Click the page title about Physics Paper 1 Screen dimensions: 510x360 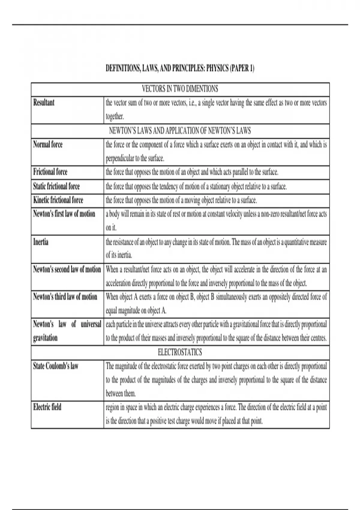coord(180,69)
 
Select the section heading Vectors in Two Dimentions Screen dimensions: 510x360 coord(180,89)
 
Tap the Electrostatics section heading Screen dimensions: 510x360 coord(180,352)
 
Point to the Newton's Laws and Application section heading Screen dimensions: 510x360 coord(180,131)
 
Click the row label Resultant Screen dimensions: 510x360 coord(44,103)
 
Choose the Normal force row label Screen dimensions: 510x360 coord(48,145)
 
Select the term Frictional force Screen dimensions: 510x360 coord(50,172)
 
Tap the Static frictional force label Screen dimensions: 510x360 coord(56,186)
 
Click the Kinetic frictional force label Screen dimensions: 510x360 coord(58,200)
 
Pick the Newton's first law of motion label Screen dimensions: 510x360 coord(64,214)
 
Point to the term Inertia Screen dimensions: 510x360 coord(41,242)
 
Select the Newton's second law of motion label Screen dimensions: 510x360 coord(67,269)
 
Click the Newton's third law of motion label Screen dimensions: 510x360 coord(65,297)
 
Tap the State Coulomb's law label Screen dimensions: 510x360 coord(56,366)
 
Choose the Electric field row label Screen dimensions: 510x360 coord(47,407)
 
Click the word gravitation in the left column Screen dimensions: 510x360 coord(45,338)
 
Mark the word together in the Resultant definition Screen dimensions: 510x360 coord(115,116)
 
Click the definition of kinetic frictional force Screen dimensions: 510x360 coord(181,200)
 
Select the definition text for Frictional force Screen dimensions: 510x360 coord(192,172)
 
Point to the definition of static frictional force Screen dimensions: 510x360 coord(196,186)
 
